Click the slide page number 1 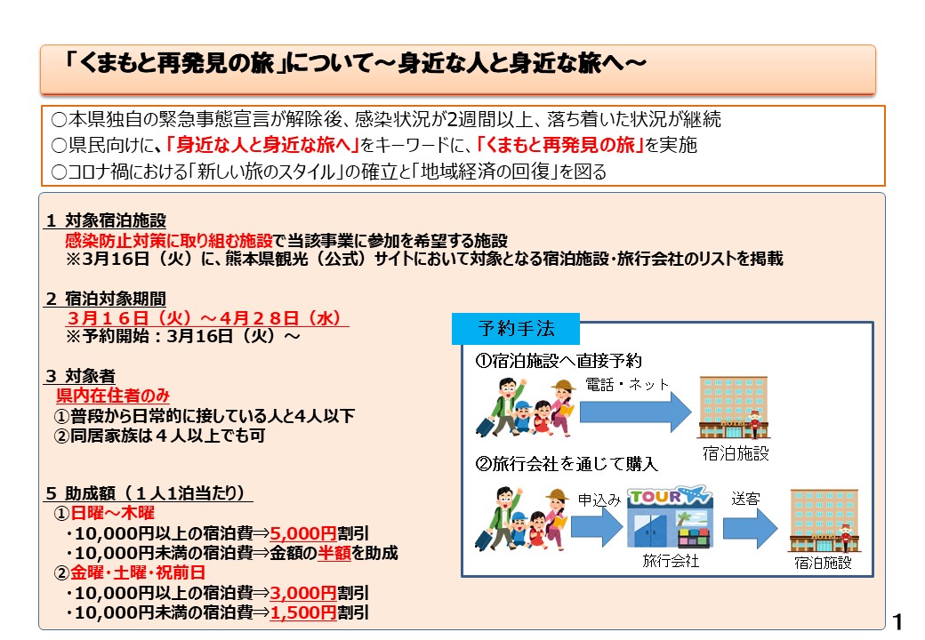point(897,621)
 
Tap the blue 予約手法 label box point(516,329)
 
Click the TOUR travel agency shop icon point(670,517)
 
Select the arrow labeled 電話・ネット point(635,412)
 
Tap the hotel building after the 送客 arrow point(824,521)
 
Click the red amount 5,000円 point(302,533)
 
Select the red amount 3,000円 point(302,593)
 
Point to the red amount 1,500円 point(302,613)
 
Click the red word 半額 point(334,553)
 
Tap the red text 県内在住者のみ point(113,396)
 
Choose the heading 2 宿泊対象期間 point(106,299)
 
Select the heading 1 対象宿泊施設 point(106,220)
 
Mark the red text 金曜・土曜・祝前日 point(138,572)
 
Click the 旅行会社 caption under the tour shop point(671,560)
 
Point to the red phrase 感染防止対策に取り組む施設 point(169,240)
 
